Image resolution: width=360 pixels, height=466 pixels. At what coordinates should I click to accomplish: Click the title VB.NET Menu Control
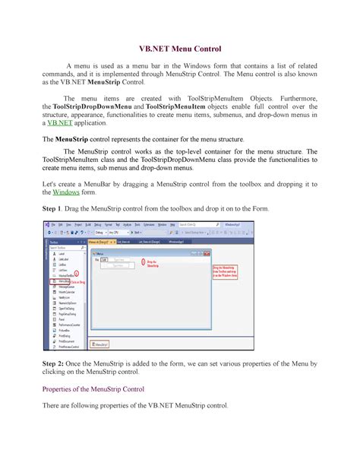pyautogui.click(x=180, y=47)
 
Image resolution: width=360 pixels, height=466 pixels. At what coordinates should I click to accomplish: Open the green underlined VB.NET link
pyautogui.click(x=62, y=122)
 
